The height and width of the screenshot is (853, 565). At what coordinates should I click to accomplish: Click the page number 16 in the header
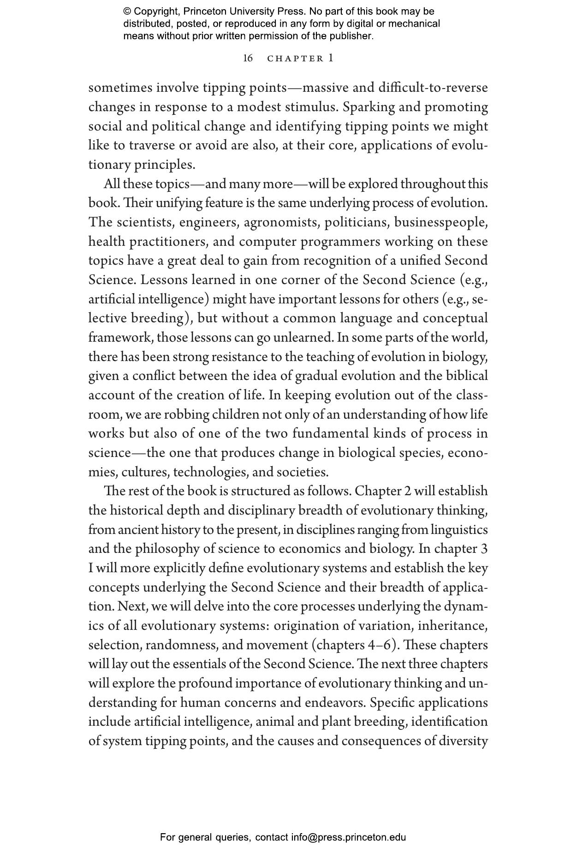(x=248, y=59)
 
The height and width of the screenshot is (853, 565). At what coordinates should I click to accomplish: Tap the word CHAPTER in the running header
(x=296, y=59)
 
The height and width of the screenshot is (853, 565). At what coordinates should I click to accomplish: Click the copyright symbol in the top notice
(x=127, y=12)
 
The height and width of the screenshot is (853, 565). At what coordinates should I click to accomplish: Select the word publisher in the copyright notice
(x=352, y=36)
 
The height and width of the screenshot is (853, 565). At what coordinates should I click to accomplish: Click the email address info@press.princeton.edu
(x=348, y=837)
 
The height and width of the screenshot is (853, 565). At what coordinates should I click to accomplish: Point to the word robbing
(x=187, y=415)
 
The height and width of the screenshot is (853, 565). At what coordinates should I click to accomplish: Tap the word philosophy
(x=174, y=549)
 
